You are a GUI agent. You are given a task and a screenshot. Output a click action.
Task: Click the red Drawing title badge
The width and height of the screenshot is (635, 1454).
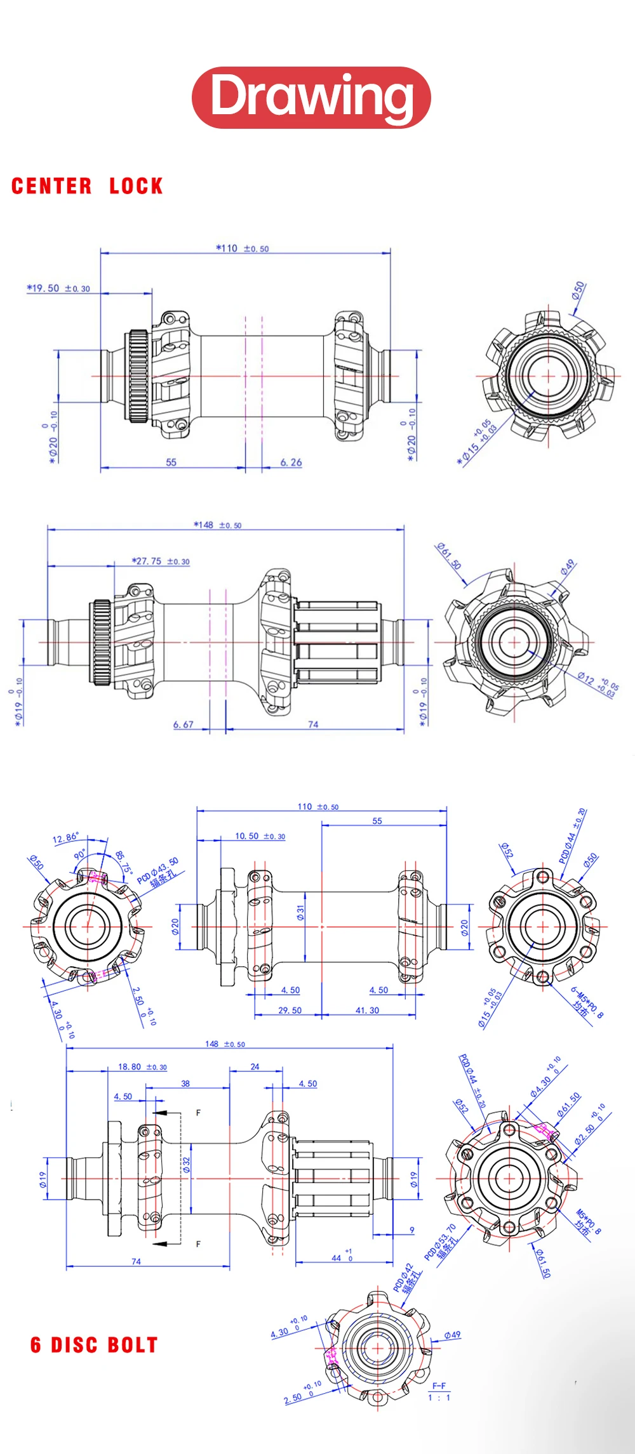coord(311,97)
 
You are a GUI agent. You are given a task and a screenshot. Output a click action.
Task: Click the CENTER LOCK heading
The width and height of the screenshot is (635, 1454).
coord(87,186)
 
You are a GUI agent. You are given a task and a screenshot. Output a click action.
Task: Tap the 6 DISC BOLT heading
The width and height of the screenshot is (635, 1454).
coord(93,1345)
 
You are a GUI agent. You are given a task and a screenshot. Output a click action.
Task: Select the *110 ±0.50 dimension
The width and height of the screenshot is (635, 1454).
coord(242,249)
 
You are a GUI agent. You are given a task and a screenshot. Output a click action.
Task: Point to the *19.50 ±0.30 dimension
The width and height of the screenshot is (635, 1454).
coord(58,288)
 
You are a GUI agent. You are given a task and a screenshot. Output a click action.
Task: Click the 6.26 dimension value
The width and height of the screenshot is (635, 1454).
coord(291,462)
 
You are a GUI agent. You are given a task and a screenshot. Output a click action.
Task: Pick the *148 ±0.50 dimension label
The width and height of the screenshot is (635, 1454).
coord(217,525)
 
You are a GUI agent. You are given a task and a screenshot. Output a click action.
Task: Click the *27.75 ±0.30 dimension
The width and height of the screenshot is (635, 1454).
coord(161,561)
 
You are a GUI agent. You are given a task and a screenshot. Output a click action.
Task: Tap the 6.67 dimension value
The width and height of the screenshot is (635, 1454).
coord(183,724)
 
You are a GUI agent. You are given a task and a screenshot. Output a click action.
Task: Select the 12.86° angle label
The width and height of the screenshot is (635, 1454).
coord(65,838)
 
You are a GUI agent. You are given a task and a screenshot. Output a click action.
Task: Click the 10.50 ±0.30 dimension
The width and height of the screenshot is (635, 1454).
coord(260,836)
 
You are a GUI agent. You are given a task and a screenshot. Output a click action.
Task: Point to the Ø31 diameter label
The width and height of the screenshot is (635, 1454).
coord(300,913)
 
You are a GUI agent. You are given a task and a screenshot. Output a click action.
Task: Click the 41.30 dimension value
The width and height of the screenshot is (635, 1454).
coord(367,1011)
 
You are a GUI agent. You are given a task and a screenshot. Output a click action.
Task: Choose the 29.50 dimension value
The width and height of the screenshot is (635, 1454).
coord(290,1011)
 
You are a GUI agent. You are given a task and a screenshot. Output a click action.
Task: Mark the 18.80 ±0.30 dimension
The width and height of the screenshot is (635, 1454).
coord(142,1067)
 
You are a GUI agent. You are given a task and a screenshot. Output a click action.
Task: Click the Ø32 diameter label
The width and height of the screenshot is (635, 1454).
coord(187,1164)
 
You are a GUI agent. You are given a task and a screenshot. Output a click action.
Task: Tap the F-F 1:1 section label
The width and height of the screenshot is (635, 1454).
coord(439,1391)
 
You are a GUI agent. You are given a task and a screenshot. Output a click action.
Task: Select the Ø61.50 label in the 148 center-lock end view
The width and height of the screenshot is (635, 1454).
coord(449,556)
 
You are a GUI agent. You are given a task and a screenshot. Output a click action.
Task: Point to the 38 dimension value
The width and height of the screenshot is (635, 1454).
coord(185,1084)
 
